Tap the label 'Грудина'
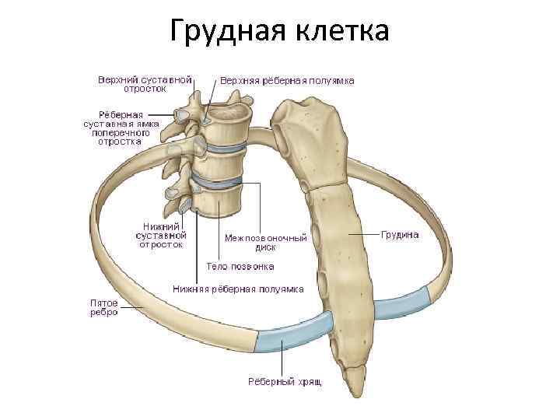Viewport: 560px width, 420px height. [x=400, y=234]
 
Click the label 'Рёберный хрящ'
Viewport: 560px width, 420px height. [x=285, y=382]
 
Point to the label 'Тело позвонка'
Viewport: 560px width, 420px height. [x=240, y=266]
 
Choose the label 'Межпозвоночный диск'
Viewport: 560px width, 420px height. [x=265, y=242]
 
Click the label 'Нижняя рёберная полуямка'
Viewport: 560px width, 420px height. [x=237, y=289]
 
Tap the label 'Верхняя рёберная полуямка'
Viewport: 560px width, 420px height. [x=287, y=80]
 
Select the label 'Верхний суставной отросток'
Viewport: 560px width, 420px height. [x=145, y=84]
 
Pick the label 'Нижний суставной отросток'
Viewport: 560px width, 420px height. [x=161, y=234]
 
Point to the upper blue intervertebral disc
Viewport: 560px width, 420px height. [x=226, y=146]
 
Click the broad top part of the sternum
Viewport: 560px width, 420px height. [x=308, y=124]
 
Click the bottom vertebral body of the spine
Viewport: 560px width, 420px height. [x=219, y=201]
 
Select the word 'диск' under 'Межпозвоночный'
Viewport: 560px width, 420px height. [x=265, y=247]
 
